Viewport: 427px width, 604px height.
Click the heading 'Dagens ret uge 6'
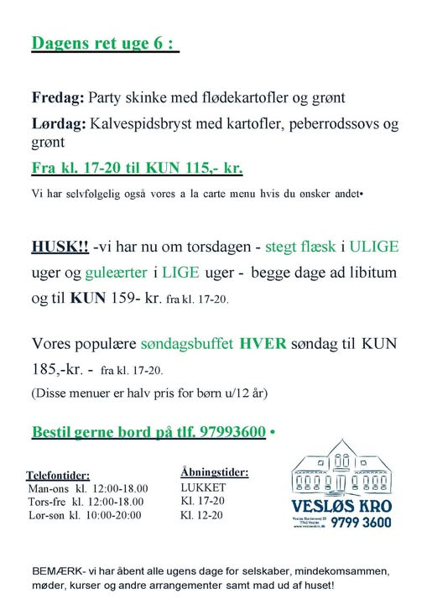point(105,44)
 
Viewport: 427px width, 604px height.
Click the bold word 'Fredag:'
point(57,99)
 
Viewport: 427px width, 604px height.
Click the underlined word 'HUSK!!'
point(59,247)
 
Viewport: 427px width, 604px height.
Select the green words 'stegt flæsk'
point(301,247)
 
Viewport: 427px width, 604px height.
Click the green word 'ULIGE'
point(374,247)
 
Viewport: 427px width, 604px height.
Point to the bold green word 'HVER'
point(263,344)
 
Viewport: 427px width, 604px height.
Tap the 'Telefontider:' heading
point(58,475)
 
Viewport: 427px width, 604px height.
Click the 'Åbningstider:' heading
point(214,471)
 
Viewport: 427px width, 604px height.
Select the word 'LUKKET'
point(203,487)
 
